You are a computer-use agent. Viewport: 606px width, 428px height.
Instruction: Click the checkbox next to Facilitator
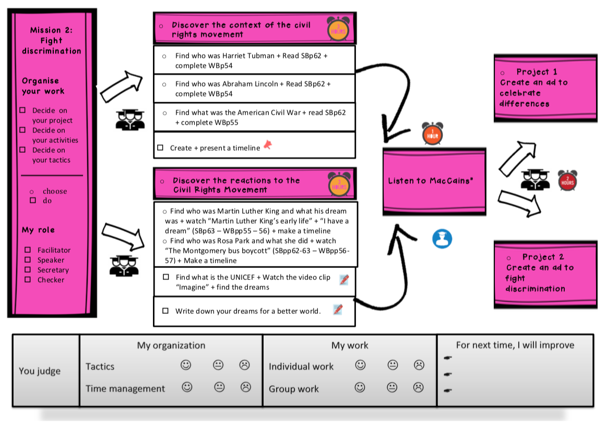(28, 250)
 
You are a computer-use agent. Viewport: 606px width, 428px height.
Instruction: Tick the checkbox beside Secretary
(28, 270)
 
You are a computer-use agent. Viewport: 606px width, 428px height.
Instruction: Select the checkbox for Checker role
(28, 280)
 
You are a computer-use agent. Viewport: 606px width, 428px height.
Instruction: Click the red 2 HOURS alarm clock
(567, 180)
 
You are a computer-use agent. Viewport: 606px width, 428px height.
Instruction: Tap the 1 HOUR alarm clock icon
(432, 133)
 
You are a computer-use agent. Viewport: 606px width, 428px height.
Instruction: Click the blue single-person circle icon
(442, 239)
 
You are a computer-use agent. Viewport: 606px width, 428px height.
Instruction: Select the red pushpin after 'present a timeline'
(268, 145)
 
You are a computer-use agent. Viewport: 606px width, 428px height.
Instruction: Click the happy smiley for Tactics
(186, 365)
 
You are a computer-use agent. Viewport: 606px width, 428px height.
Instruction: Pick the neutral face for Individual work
(393, 365)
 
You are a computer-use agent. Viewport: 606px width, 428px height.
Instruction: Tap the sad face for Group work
(418, 387)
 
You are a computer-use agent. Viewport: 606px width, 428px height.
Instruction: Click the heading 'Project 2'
(543, 257)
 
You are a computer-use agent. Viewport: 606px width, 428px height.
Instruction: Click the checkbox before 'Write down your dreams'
(165, 311)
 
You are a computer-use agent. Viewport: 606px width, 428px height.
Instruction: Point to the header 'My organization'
(171, 345)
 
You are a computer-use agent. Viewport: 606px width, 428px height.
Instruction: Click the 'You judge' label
(40, 371)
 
